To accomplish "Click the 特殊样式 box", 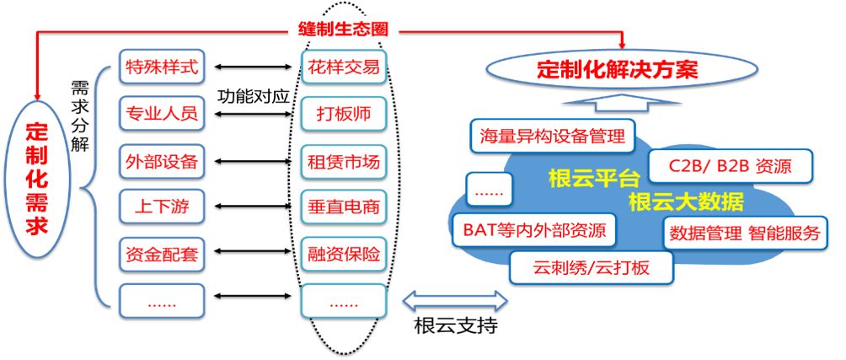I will pyautogui.click(x=161, y=67).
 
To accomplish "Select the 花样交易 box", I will pyautogui.click(x=343, y=67).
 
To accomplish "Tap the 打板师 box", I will pyautogui.click(x=343, y=113).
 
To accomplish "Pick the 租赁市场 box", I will pyautogui.click(x=343, y=159).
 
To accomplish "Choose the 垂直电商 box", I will pyautogui.click(x=343, y=206).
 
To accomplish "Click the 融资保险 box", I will pyautogui.click(x=343, y=252).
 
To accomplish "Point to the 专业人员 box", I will pyautogui.click(x=161, y=113).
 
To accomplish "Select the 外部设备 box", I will pyautogui.click(x=161, y=159).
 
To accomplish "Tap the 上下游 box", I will pyautogui.click(x=161, y=206).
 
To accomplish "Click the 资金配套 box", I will pyautogui.click(x=161, y=252).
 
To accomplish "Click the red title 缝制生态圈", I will pyautogui.click(x=344, y=28).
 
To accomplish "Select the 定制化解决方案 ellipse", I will pyautogui.click(x=618, y=69).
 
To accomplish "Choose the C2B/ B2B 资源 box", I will pyautogui.click(x=730, y=166).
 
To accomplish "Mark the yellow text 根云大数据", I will pyautogui.click(x=686, y=201).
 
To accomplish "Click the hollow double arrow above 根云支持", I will pyautogui.click(x=455, y=298).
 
